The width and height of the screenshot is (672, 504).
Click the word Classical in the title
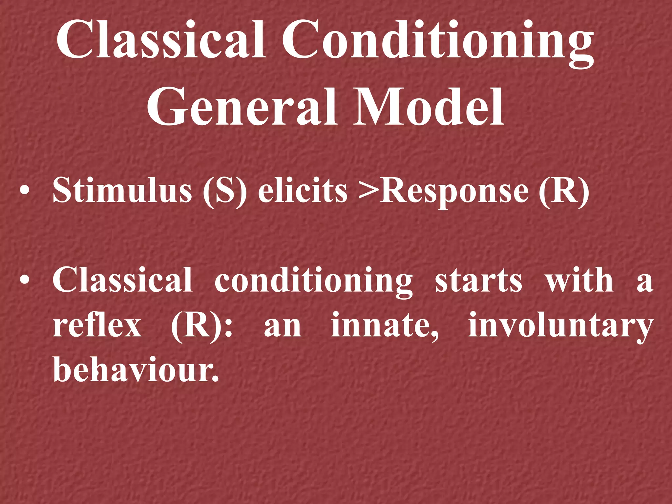pyautogui.click(x=161, y=40)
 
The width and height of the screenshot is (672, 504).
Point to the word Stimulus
pyautogui.click(x=122, y=191)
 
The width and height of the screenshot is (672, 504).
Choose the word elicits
pyautogui.click(x=303, y=191)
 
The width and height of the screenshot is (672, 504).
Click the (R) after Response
pyautogui.click(x=564, y=191)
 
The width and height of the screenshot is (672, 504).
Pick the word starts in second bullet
pyautogui.click(x=478, y=281)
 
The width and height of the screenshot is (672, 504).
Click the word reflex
pyautogui.click(x=97, y=325)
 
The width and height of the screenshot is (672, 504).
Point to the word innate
pyautogui.click(x=384, y=325)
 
